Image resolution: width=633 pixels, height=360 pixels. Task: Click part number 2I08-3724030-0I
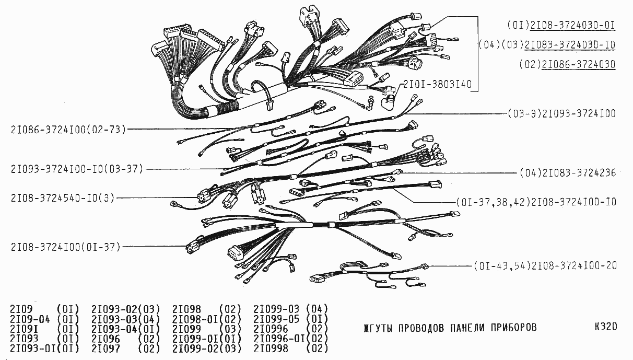(572, 25)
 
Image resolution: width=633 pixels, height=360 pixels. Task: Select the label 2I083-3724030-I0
(570, 45)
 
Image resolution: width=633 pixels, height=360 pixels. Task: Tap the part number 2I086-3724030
(579, 64)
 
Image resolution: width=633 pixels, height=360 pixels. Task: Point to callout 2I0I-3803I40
(438, 84)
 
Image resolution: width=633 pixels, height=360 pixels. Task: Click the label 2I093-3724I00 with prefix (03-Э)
(562, 114)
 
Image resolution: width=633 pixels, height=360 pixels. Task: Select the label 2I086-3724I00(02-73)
(68, 130)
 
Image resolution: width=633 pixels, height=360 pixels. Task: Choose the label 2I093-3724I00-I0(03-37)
(77, 169)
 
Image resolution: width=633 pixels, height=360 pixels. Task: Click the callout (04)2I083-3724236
(568, 173)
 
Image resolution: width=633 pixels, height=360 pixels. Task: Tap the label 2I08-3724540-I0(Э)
(63, 198)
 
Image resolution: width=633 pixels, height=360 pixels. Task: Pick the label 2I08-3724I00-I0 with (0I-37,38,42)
(536, 202)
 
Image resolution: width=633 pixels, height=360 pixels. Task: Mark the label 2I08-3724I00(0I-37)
(66, 247)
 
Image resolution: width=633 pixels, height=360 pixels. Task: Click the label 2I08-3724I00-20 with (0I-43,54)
(545, 266)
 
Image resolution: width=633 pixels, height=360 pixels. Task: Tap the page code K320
(606, 327)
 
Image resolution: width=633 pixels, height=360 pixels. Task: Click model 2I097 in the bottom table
(105, 349)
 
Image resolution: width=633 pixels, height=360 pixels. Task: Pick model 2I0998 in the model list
(271, 349)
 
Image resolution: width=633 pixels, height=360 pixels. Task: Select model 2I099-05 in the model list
(276, 319)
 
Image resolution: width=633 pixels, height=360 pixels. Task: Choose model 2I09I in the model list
(24, 329)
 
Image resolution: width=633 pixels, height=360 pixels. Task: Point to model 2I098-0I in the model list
(195, 319)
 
